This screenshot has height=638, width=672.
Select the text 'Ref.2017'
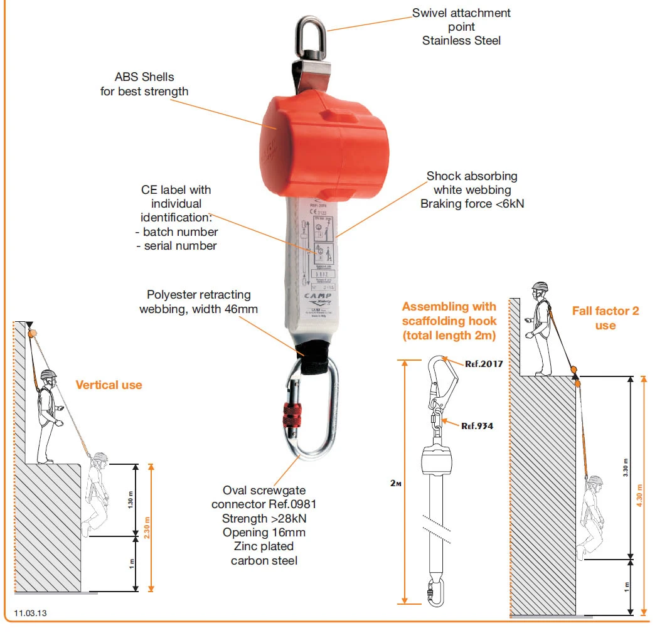coord(484,363)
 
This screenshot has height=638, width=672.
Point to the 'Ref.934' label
coord(477,426)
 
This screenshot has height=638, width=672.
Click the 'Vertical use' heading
coord(109,385)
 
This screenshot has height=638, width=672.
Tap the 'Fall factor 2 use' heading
coord(605,318)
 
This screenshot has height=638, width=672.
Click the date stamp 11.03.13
coord(31,612)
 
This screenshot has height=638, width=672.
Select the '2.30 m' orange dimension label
coord(148,527)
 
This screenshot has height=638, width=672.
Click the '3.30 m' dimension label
coord(626,467)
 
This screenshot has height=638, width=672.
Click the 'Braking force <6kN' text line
coord(472,204)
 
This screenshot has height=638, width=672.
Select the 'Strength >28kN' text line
coord(263,519)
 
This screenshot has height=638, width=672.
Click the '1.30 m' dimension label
coord(131,500)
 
